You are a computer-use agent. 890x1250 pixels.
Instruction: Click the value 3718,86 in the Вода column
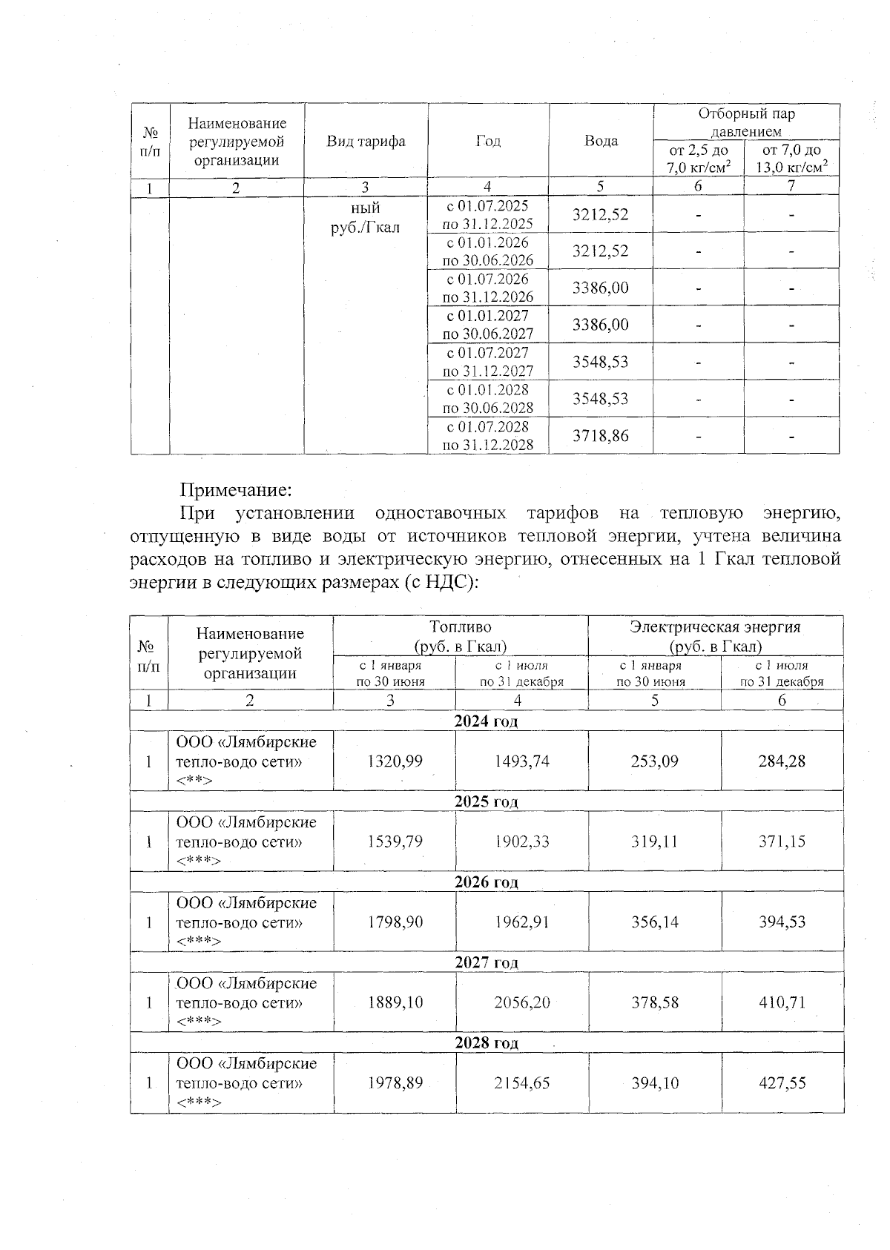(x=600, y=436)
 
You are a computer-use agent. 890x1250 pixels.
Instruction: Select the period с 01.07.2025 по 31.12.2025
(x=487, y=214)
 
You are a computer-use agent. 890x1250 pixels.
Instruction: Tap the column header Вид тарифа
(x=366, y=141)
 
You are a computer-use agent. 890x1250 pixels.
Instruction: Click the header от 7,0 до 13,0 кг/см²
(x=791, y=159)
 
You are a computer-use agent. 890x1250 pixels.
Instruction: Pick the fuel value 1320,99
(x=395, y=761)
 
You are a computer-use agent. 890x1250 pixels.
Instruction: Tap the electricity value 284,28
(x=782, y=761)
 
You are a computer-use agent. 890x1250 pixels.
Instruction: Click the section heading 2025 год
(x=486, y=801)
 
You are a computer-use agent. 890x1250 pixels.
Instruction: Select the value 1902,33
(x=521, y=841)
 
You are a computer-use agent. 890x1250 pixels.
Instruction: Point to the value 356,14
(x=654, y=922)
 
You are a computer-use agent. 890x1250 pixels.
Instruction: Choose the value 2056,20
(x=521, y=1002)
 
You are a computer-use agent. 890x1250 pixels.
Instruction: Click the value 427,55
(x=782, y=1082)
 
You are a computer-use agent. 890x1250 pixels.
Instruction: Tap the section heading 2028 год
(x=486, y=1042)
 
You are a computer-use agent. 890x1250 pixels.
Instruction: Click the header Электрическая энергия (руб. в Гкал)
(x=715, y=636)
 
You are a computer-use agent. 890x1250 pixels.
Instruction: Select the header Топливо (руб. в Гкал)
(x=460, y=636)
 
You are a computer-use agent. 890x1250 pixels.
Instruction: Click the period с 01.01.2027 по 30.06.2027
(x=487, y=325)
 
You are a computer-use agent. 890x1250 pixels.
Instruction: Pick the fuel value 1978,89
(x=395, y=1082)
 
